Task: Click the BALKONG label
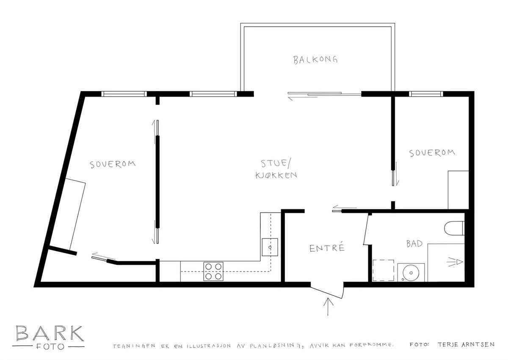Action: (x=315, y=60)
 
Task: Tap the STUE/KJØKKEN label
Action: (x=276, y=169)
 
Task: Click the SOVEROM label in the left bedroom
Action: (x=113, y=164)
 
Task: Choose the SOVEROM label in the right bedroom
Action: (x=432, y=153)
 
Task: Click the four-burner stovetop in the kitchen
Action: (x=213, y=271)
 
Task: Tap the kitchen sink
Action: (x=270, y=247)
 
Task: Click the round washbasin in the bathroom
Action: (x=411, y=272)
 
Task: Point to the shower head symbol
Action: (x=455, y=262)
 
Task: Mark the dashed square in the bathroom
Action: (x=383, y=270)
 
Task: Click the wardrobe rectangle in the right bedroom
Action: (x=458, y=190)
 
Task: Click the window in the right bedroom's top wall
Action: (x=426, y=94)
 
